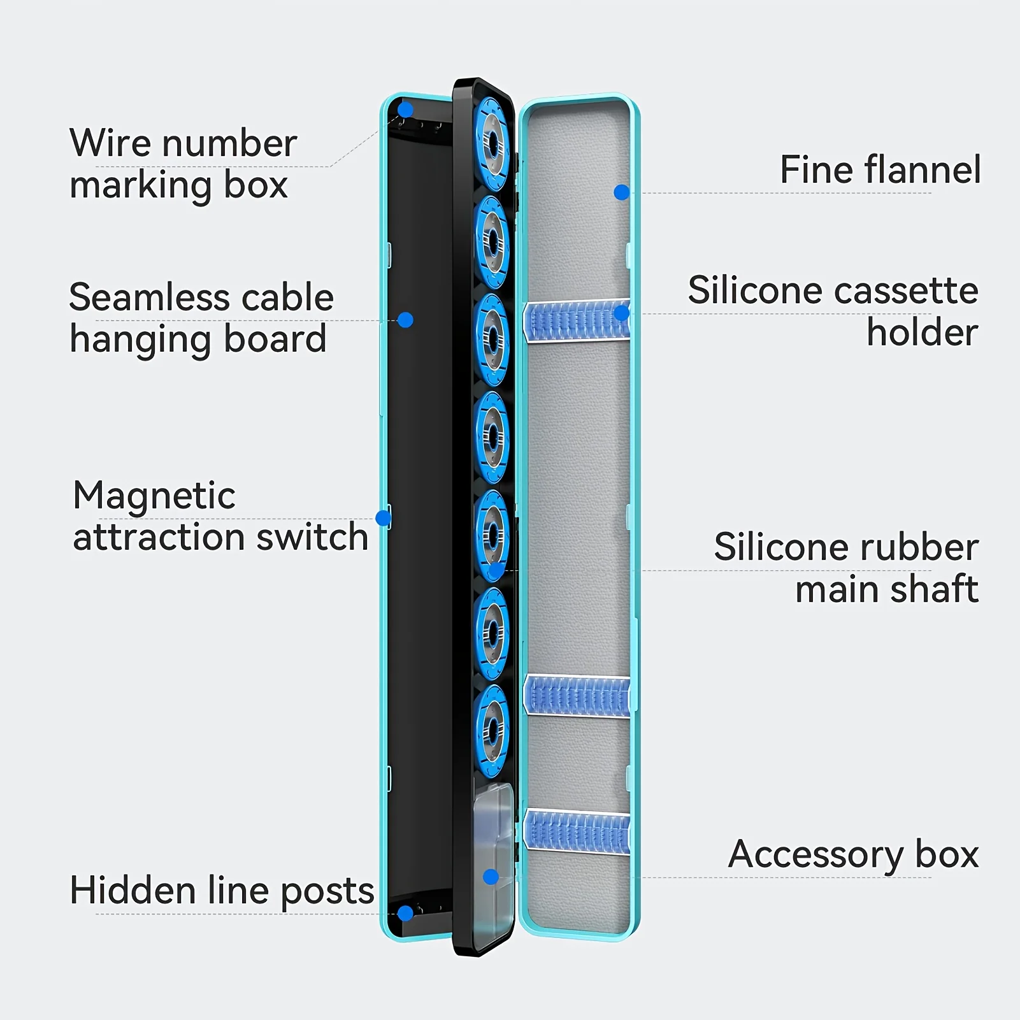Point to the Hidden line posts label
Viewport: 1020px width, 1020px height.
(x=222, y=890)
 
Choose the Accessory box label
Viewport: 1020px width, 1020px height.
(x=853, y=854)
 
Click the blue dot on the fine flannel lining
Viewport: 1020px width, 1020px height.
(x=622, y=192)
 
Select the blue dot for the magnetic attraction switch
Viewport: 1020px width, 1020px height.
(x=384, y=518)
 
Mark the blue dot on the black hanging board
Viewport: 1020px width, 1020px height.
(x=405, y=320)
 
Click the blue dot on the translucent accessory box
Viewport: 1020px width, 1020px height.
(x=491, y=877)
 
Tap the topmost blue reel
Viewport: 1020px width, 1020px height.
(x=492, y=144)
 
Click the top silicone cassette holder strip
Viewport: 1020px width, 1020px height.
(x=577, y=320)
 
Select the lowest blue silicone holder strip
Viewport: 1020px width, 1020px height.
(x=577, y=832)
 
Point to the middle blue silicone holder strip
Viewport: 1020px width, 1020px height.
(x=577, y=695)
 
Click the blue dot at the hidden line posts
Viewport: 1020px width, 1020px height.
(x=405, y=914)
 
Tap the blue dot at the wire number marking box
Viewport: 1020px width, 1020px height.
(x=405, y=110)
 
